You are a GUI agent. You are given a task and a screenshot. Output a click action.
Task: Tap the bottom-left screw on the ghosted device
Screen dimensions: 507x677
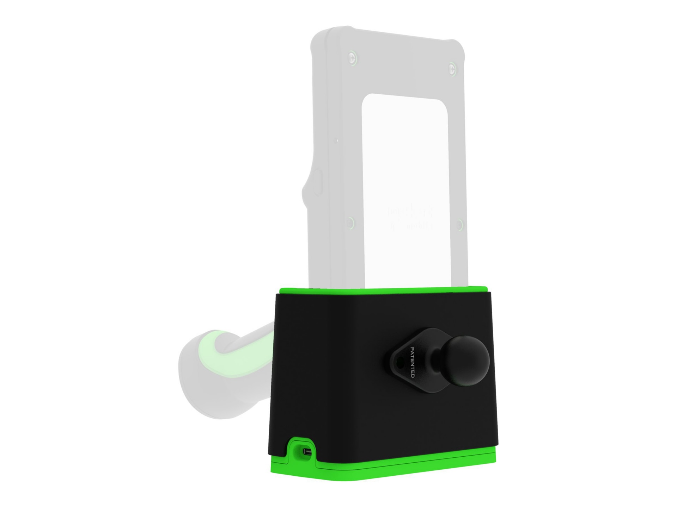(350, 223)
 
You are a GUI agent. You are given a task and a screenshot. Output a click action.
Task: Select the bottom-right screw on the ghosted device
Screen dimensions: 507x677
(460, 225)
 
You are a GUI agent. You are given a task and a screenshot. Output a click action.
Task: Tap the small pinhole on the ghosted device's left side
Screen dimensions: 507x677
(337, 140)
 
